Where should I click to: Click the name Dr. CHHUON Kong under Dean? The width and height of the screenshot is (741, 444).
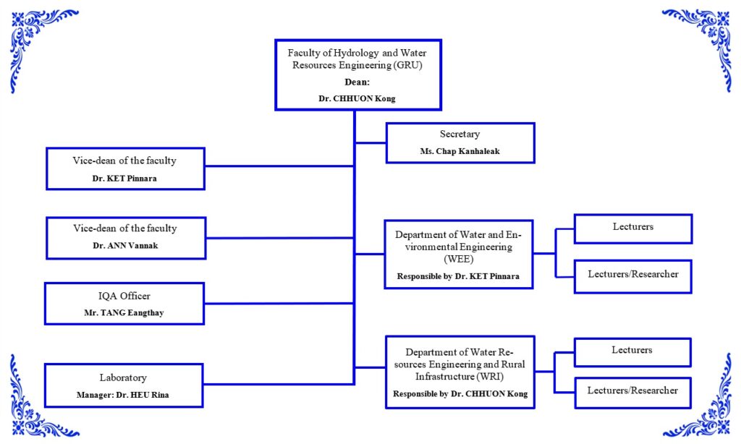357,98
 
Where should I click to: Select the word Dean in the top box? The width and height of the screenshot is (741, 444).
357,82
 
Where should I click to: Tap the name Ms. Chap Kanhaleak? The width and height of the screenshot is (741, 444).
460,151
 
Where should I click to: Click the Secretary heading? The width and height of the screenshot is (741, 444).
460,135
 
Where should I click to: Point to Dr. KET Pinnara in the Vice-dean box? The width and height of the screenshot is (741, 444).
125,177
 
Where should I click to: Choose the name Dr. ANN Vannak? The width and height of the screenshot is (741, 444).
125,245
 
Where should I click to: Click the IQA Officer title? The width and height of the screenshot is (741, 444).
124,296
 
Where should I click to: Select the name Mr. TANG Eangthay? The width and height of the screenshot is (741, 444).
124,312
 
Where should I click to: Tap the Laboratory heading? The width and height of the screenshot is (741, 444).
123,377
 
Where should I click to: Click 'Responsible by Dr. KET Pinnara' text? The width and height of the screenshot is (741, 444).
458,276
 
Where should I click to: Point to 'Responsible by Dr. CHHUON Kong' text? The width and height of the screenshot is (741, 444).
460,394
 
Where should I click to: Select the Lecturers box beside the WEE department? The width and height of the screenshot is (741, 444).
632,227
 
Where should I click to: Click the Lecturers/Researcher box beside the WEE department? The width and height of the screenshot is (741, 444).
632,275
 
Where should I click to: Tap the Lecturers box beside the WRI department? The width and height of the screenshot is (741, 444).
632,350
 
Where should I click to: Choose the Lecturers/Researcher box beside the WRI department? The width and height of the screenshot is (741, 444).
632,390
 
